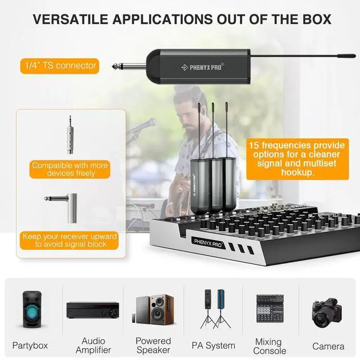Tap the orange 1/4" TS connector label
[x=61, y=66]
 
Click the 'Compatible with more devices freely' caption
[x=71, y=169]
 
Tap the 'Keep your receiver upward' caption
[x=70, y=240]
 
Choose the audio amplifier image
[x=93, y=309]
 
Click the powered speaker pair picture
[x=153, y=309]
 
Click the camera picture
[x=328, y=313]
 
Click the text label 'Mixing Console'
[x=269, y=346]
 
